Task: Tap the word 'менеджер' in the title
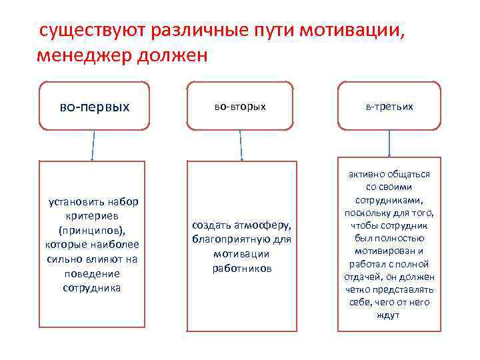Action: point(83,55)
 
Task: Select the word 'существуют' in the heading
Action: point(93,31)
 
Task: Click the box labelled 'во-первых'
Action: point(94,106)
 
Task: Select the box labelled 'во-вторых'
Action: point(240,106)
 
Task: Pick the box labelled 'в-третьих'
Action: point(389,106)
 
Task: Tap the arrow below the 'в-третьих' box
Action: point(389,144)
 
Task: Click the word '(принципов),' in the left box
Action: point(91,231)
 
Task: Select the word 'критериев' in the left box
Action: point(91,216)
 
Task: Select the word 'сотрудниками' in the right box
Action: point(389,200)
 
